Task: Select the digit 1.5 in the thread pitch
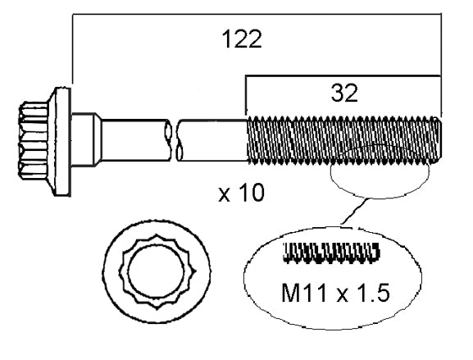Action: pyautogui.click(x=376, y=291)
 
